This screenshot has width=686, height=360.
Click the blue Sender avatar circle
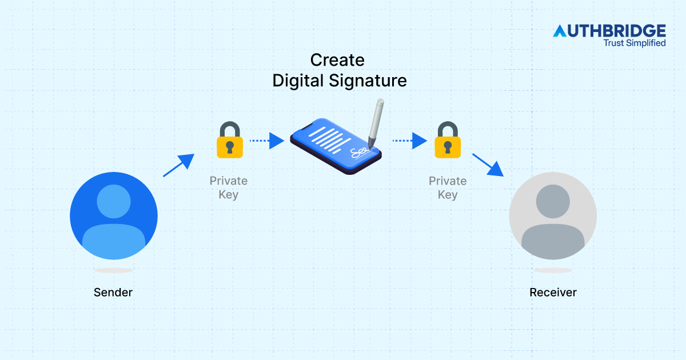(x=114, y=216)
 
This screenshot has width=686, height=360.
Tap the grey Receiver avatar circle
(x=553, y=216)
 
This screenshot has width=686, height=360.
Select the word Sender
(x=113, y=293)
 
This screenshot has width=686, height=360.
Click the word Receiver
(x=553, y=293)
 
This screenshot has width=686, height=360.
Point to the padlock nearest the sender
(x=230, y=140)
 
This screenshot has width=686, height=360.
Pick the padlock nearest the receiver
(x=448, y=140)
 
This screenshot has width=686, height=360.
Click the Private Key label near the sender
(x=229, y=187)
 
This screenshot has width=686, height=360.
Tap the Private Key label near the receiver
(x=448, y=187)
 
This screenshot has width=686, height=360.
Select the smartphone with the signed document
(x=336, y=146)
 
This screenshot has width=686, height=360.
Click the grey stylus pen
(x=376, y=123)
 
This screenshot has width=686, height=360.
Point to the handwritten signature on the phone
(x=360, y=153)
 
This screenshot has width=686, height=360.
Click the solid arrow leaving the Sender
(x=178, y=165)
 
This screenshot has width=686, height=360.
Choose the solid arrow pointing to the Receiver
(x=488, y=165)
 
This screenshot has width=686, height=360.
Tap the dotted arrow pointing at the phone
(x=267, y=141)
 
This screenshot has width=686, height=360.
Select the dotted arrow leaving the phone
(x=410, y=141)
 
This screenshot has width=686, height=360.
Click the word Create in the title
(x=337, y=60)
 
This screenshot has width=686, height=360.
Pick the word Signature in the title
(x=368, y=81)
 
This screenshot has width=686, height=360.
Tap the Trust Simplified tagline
(x=635, y=43)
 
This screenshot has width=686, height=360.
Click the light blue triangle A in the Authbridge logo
(x=560, y=31)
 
